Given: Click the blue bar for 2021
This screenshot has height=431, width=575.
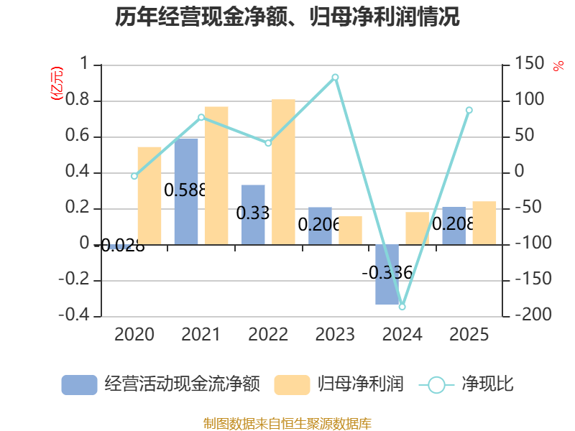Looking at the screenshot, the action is coord(186,192).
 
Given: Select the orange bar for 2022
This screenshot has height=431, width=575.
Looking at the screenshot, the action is coord(283,172).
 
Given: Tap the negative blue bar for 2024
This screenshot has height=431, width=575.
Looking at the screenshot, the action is coord(387,274).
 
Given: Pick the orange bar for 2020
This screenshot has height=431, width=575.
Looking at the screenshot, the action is coord(149,196).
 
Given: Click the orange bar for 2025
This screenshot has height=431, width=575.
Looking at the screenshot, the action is coord(484,223).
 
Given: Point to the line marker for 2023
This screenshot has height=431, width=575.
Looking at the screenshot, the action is coord(335,78).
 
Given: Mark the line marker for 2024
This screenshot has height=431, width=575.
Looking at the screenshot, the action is coord(402,307).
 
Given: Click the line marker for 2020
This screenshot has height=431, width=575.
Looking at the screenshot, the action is coord(134,176).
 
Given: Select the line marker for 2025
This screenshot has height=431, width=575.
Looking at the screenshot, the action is coord(469,111).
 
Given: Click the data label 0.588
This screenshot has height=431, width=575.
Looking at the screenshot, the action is coord(185,190).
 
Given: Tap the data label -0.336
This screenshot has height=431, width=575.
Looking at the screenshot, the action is coord(387,273).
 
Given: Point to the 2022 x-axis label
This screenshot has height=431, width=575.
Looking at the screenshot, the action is coord(268,334).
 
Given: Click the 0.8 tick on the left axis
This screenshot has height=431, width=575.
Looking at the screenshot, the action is coord(78,99).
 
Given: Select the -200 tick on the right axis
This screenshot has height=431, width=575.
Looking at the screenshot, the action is coord(533,314).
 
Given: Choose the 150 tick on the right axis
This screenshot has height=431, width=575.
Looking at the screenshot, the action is coord(530,63).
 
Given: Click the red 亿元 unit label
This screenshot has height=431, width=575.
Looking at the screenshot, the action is coord(57,83).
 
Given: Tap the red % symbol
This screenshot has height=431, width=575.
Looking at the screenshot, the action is coord(558,66).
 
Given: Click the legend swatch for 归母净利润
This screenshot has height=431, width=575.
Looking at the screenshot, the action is coord(292,385).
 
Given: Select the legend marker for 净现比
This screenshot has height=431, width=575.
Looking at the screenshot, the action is coord(436,385).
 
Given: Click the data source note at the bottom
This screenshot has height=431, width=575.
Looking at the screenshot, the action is coord(287,424).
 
